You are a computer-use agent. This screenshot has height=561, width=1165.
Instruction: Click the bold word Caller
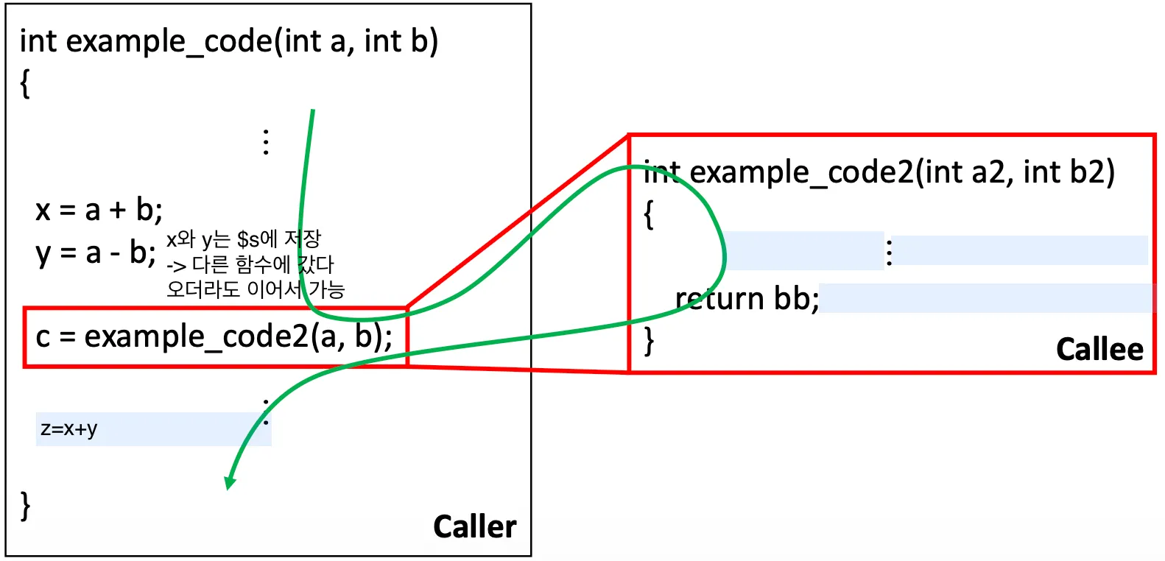tap(474, 526)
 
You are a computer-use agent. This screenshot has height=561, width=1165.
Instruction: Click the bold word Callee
tap(1099, 349)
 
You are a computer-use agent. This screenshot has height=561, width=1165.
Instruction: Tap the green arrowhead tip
tap(229, 487)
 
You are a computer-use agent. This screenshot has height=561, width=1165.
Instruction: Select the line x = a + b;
tap(99, 211)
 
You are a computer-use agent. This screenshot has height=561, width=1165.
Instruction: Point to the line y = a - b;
tap(96, 253)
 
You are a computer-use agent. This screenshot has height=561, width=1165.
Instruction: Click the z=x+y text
tap(69, 428)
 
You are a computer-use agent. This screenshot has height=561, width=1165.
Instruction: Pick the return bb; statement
tap(747, 299)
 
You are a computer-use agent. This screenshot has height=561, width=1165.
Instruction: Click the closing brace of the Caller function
tap(26, 506)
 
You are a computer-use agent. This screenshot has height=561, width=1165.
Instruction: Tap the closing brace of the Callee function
tap(649, 341)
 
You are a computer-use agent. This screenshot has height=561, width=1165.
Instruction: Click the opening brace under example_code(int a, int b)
tap(26, 82)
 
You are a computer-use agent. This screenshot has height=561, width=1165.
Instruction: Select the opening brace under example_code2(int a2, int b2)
tap(649, 214)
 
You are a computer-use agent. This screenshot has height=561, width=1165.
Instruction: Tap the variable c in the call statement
tap(43, 337)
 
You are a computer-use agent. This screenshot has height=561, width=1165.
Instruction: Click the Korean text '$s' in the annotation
tap(247, 239)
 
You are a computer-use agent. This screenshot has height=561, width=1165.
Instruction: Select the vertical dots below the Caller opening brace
tap(266, 141)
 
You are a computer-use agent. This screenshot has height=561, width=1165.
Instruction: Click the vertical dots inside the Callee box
tap(890, 252)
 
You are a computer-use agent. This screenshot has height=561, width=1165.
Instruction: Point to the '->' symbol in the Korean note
tap(176, 265)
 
